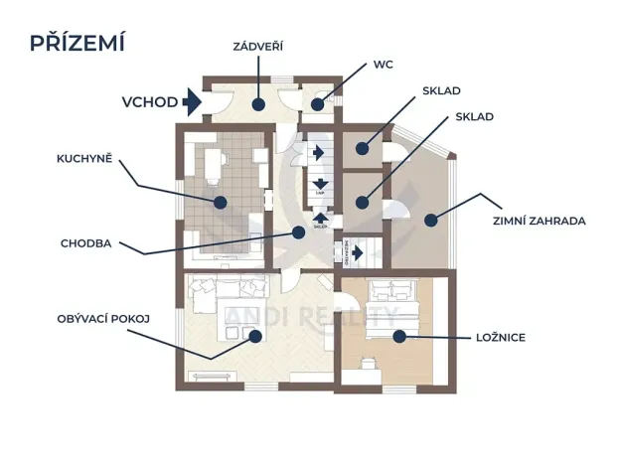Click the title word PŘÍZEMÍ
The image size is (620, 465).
[x=77, y=43]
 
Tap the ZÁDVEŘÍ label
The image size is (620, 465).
[x=259, y=46]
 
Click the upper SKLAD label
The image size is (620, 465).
[x=441, y=90]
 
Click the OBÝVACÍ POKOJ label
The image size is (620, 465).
[x=103, y=319]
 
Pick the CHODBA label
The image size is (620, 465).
[x=86, y=241]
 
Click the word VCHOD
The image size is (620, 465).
[x=150, y=101]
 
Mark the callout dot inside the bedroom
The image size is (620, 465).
[x=399, y=337]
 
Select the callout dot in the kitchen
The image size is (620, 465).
[x=221, y=201]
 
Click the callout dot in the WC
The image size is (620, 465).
[x=317, y=103]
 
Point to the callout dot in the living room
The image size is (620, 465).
[x=255, y=336]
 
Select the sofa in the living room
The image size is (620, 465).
[x=229, y=288]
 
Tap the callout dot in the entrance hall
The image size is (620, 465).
[x=256, y=103]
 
